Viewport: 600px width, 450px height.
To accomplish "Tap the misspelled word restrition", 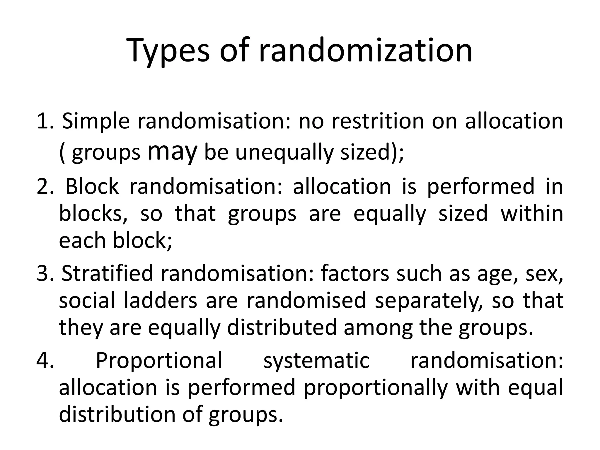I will point(378,121).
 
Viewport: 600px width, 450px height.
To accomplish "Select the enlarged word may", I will point(172,152).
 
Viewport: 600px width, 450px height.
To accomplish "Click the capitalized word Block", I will point(92,186).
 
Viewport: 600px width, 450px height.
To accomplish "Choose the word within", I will point(532,213).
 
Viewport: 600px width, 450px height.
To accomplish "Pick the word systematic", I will point(316,361).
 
